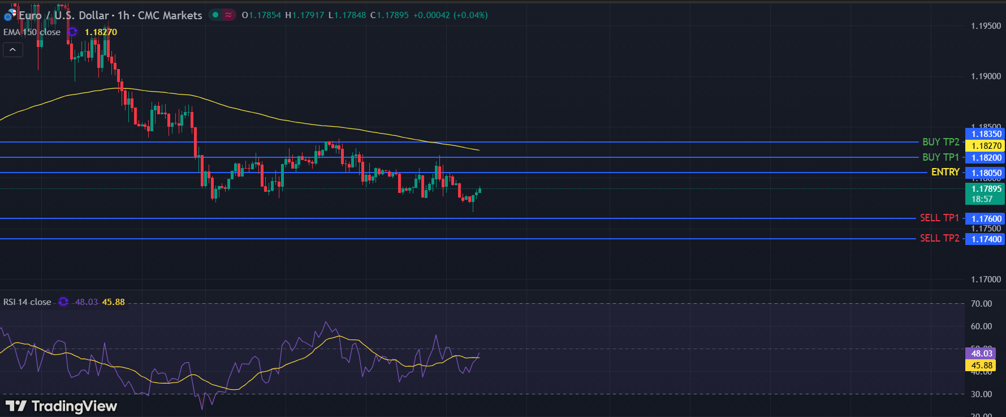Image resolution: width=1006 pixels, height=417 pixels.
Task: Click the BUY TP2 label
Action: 940,142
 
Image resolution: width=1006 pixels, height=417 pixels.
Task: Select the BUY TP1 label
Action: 940,157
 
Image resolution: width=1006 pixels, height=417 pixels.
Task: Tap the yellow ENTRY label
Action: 945,172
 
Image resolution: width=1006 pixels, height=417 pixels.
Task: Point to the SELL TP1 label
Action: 939,218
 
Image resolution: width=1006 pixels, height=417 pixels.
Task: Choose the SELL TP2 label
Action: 939,238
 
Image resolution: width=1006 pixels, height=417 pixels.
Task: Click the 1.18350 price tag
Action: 986,134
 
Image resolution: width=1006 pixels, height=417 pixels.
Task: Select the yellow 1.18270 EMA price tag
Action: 986,146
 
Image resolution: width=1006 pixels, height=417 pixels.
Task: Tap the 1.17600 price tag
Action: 986,218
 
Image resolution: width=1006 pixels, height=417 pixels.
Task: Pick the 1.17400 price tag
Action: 986,239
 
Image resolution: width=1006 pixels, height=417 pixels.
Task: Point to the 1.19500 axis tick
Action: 986,26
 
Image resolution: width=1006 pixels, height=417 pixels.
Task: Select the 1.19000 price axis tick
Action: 986,76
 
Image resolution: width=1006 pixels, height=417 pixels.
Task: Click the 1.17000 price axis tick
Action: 986,280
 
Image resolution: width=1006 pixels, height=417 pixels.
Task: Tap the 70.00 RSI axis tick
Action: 981,304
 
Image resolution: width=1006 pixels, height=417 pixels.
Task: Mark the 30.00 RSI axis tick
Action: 981,394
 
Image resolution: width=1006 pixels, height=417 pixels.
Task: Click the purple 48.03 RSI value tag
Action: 982,354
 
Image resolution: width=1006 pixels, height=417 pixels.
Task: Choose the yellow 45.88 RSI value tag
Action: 982,366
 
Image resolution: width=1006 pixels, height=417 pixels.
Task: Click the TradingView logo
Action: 61,406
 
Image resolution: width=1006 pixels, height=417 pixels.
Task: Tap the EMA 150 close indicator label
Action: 32,32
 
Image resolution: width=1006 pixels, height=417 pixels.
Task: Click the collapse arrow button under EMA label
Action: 12,50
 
